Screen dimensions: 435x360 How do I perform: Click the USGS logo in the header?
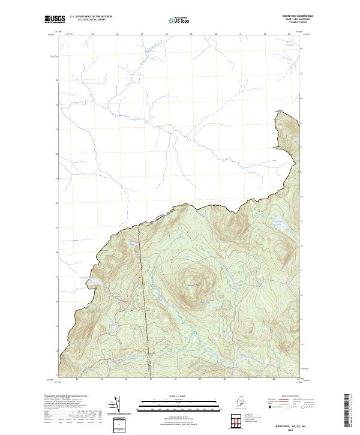[53, 19]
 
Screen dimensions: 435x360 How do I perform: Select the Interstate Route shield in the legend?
[267, 406]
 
